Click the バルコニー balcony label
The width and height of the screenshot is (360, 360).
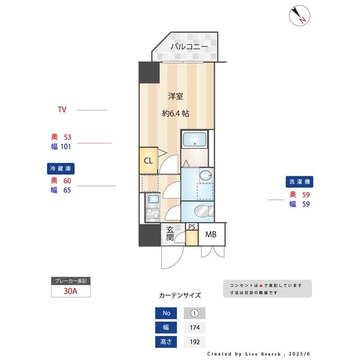[188, 46]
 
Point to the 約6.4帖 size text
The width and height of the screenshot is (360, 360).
[176, 112]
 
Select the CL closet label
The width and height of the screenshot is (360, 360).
[148, 161]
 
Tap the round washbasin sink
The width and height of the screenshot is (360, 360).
[206, 176]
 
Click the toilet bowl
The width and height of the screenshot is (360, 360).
[203, 211]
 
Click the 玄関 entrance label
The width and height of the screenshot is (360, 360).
[170, 233]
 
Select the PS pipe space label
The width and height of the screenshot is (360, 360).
[191, 227]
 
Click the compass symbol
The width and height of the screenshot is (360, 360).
[298, 16]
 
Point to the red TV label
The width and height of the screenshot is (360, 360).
[62, 110]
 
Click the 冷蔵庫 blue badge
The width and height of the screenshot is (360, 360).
[61, 169]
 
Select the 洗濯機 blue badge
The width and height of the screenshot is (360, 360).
[300, 181]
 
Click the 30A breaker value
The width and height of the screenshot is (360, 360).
[71, 292]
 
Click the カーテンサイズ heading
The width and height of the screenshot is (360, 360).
[180, 295]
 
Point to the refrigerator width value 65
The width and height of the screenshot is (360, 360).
[67, 190]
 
